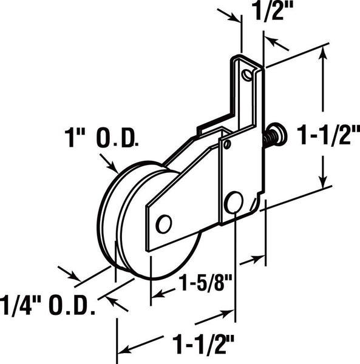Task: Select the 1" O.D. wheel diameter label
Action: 101,138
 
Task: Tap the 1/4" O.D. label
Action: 47,305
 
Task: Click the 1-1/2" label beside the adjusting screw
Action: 328,135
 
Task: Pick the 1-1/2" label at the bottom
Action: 203,344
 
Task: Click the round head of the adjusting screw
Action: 279,135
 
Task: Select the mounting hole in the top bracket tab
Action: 247,75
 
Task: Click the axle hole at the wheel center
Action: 164,224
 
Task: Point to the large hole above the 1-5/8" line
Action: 234,202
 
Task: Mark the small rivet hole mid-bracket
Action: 227,144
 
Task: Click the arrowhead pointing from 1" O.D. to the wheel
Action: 114,168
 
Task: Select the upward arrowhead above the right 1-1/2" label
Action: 323,53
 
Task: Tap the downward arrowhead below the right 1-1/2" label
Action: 323,181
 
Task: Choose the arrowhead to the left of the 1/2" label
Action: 234,18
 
